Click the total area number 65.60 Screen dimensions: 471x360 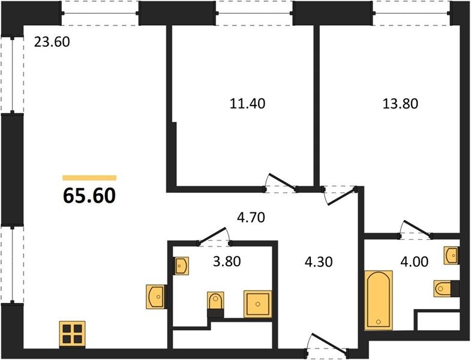pos(89,196)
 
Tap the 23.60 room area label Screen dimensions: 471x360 pos(52,42)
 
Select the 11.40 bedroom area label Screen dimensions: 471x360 pos(247,104)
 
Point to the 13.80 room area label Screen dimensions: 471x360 pos(400,104)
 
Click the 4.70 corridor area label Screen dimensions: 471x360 pos(251,218)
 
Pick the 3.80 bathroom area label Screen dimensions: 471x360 pos(227,262)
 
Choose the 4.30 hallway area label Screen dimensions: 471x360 pos(319,262)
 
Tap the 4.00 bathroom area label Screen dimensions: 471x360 pos(414,262)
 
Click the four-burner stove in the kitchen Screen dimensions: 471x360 pos(72,334)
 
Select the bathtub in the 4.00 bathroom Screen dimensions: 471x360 pos(379,300)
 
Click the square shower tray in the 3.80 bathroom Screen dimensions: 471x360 pos(258,304)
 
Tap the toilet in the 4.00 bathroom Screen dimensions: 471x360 pos(444,289)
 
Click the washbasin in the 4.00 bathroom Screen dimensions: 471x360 pos(451,256)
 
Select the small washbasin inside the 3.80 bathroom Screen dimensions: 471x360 pos(181,266)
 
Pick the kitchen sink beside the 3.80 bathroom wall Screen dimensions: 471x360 pos(155,296)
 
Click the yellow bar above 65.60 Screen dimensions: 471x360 pos(89,178)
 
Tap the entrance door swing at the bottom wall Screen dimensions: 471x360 pos(329,343)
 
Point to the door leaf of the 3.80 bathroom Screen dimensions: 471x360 pos(212,235)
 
